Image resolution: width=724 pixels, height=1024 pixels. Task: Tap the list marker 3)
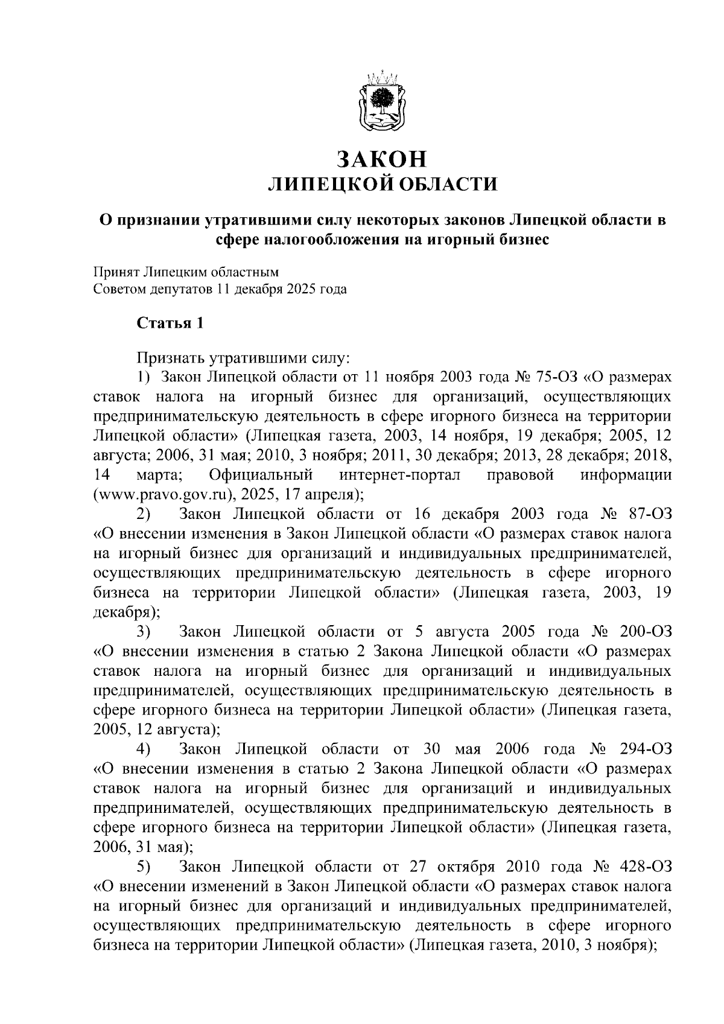[x=144, y=632]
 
